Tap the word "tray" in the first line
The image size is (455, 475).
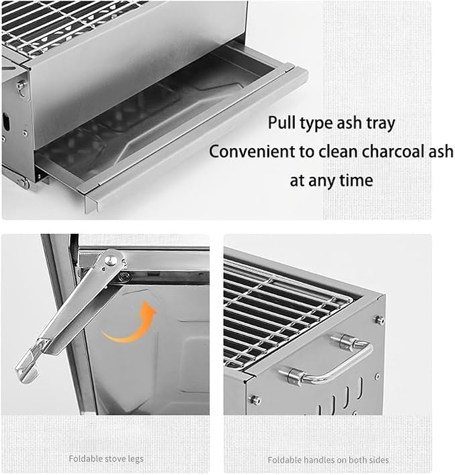(x=381, y=123)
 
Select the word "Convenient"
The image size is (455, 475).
(x=252, y=151)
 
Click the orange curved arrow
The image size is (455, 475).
(x=130, y=323)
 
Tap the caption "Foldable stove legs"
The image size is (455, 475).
(x=106, y=459)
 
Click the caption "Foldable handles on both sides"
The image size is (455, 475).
(x=328, y=460)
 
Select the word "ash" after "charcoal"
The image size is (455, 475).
(x=441, y=151)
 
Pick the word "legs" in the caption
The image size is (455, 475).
(x=136, y=460)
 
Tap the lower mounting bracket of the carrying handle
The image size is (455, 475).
(x=294, y=377)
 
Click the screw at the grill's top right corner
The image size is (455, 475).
(x=379, y=320)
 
